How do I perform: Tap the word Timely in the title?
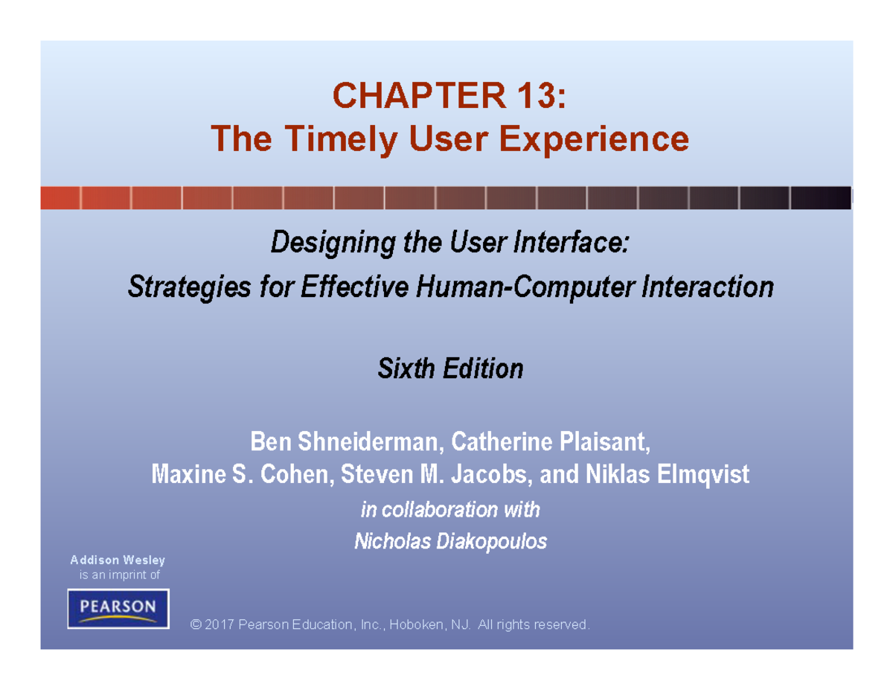point(341,140)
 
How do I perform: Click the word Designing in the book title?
point(333,243)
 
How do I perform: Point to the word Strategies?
point(189,287)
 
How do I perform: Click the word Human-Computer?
point(525,287)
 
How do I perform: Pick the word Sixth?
point(406,368)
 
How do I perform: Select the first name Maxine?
point(188,474)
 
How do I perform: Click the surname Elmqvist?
point(702,474)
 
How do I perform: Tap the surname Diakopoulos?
point(491,541)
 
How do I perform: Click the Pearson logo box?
point(118,609)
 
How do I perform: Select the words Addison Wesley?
point(118,560)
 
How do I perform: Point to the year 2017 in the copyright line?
point(220,624)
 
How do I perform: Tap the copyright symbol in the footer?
point(196,624)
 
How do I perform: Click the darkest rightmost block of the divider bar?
point(821,198)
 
